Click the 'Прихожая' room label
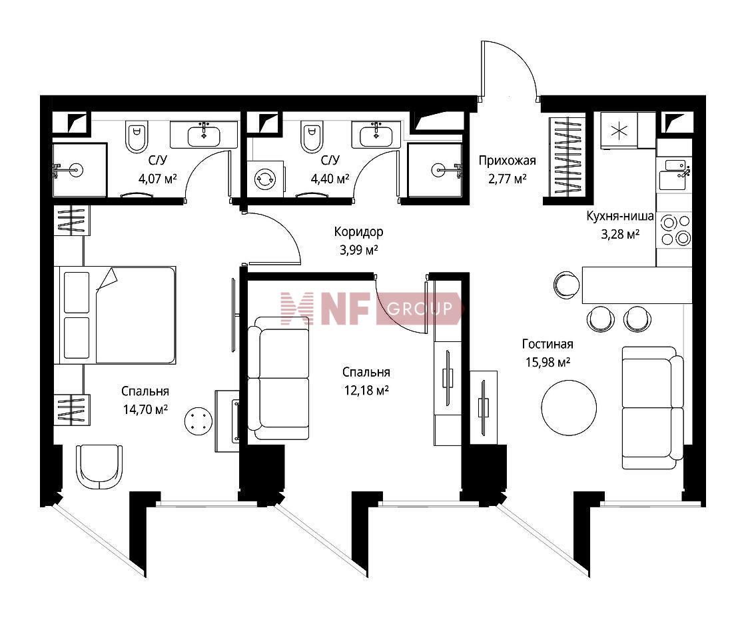[x=507, y=161]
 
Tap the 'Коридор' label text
[x=358, y=232]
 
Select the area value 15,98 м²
[x=548, y=362]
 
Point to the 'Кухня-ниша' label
[x=619, y=216]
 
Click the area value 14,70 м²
[x=145, y=409]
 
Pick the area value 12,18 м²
[x=366, y=391]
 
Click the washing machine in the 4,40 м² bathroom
[x=266, y=179]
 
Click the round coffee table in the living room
[x=569, y=407]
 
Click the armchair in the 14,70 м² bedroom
[x=99, y=467]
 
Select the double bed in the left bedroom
[x=115, y=315]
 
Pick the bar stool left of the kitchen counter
[x=567, y=285]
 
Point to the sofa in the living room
[x=653, y=407]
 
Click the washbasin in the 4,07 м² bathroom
[x=204, y=135]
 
